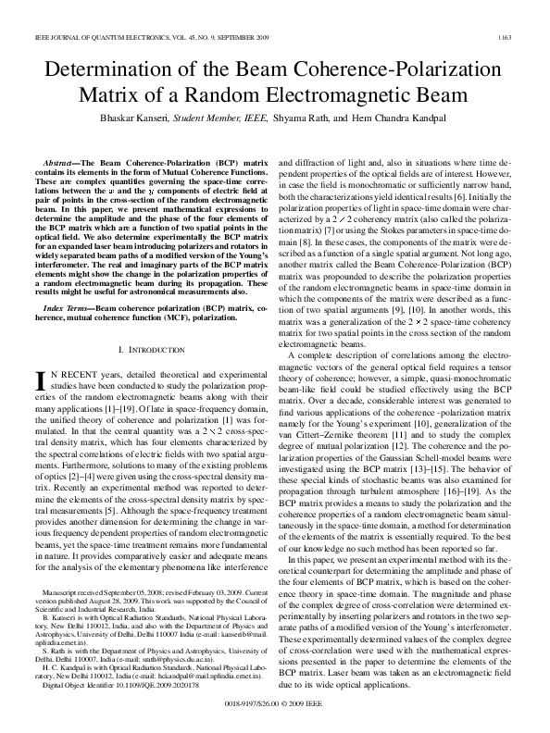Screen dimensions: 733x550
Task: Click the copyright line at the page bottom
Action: point(275,703)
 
